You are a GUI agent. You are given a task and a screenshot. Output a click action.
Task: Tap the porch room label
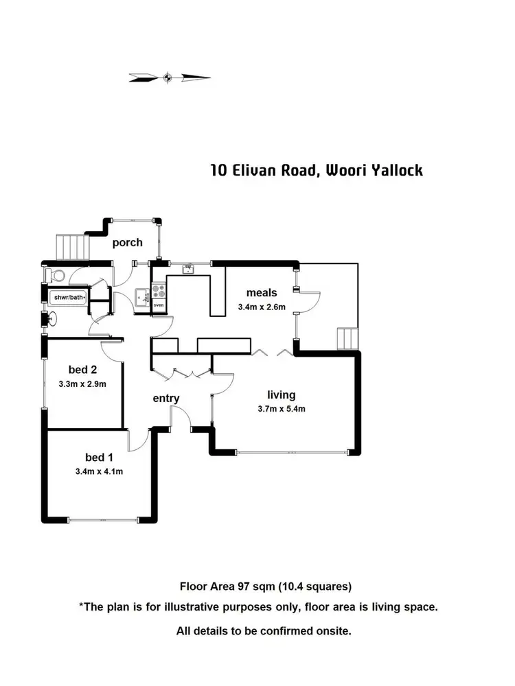click(128, 242)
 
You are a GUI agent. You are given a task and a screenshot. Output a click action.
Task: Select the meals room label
click(262, 294)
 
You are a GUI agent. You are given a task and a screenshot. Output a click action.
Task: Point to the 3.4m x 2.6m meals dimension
click(262, 307)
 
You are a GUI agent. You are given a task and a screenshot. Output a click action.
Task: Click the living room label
click(282, 394)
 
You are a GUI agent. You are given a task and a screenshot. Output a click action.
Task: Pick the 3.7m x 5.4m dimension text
click(282, 409)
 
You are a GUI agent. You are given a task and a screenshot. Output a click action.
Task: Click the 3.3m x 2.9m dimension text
click(82, 384)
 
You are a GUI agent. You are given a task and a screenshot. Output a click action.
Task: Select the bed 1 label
click(95, 457)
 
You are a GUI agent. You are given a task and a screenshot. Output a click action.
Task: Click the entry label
click(165, 398)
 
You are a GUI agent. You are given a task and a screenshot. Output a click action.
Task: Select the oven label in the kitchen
click(159, 305)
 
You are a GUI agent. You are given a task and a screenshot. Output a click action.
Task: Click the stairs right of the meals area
click(347, 339)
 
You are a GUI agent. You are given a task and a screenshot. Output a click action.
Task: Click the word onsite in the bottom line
click(332, 630)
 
